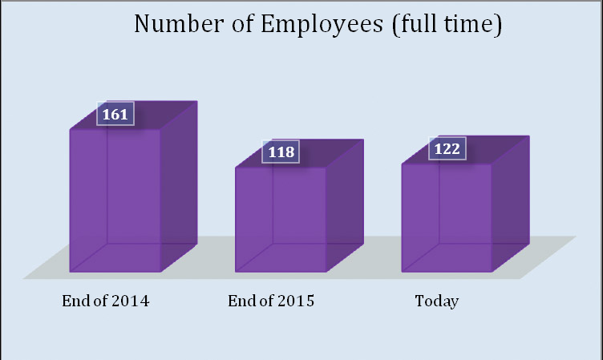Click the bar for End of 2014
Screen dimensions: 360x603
(x=115, y=200)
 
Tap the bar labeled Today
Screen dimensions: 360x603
(x=446, y=217)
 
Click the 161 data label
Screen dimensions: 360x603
(x=115, y=115)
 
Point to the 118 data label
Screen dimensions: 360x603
(x=281, y=152)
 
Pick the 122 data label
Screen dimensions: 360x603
(x=447, y=149)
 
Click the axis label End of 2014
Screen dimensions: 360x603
(x=106, y=301)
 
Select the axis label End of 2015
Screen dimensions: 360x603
(x=271, y=301)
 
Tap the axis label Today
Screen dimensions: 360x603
(x=436, y=301)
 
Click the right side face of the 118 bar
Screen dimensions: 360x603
(x=344, y=204)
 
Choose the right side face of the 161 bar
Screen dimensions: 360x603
(x=179, y=186)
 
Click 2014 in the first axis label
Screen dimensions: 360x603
(x=132, y=301)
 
